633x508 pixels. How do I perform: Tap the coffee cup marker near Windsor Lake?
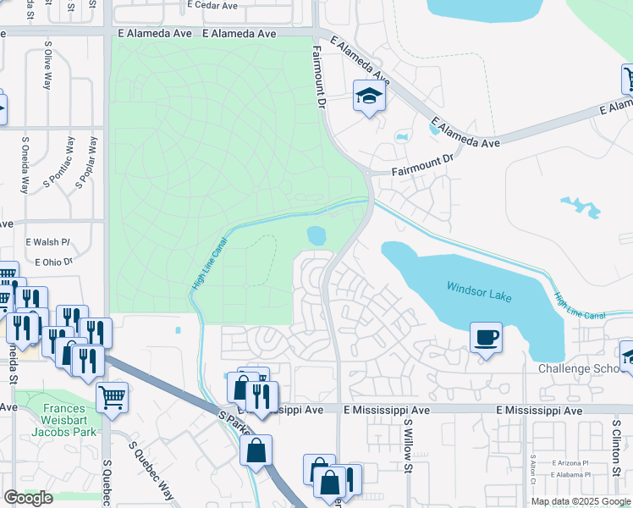click(x=487, y=338)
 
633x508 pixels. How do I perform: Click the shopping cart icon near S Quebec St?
click(x=112, y=395)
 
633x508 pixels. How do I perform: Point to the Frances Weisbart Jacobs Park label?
click(x=55, y=421)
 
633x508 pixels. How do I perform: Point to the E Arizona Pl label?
click(x=570, y=463)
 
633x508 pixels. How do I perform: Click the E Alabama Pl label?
click(x=570, y=475)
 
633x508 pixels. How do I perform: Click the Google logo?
click(x=28, y=498)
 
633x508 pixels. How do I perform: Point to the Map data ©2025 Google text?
click(x=581, y=501)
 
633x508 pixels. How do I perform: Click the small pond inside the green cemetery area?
click(x=316, y=233)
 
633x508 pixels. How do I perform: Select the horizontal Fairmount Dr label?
click(x=423, y=171)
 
